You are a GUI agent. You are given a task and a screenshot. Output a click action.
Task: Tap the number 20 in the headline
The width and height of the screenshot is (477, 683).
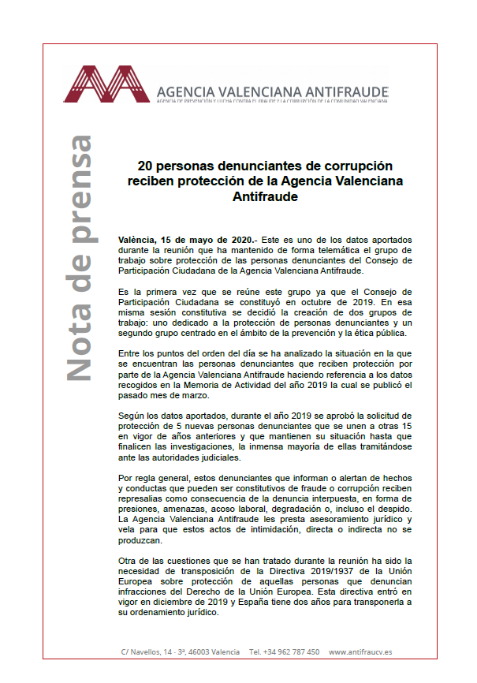pos(144,166)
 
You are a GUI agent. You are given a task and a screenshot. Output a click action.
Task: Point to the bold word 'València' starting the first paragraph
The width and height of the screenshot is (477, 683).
pos(137,238)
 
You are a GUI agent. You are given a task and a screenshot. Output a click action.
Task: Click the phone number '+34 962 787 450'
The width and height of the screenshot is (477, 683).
pos(285,652)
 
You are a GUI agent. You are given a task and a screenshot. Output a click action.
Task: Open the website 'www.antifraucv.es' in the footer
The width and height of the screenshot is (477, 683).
pos(361,652)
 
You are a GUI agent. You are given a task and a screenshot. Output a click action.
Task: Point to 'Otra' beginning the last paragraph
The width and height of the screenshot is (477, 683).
pos(129,561)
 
